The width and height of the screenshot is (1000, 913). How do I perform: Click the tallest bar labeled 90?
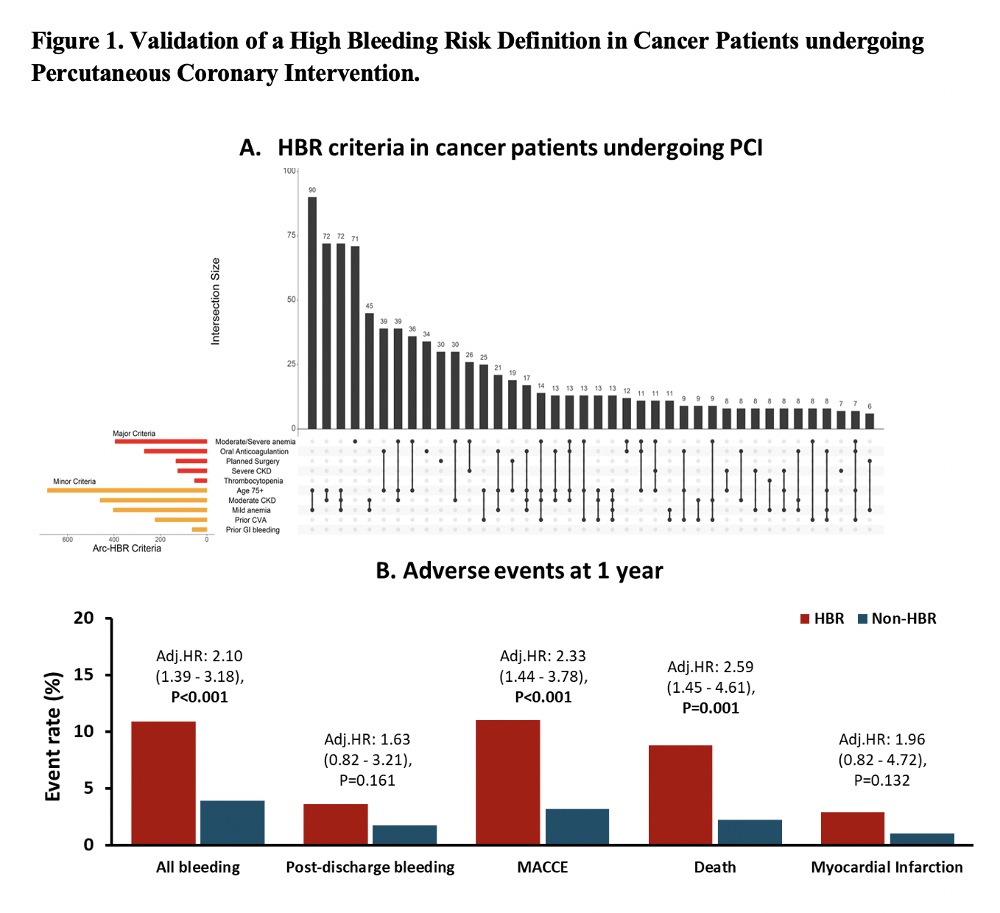pos(312,313)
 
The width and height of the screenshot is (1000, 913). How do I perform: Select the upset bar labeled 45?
pos(369,370)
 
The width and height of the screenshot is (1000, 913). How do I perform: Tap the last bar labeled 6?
pos(870,420)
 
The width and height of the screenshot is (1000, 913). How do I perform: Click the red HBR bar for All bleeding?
pos(163,783)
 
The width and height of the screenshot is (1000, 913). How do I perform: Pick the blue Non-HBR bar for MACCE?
pos(577,826)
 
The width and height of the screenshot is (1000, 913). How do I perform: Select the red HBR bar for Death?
pos(680,794)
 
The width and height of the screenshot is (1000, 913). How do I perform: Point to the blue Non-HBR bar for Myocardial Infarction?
pos(922,839)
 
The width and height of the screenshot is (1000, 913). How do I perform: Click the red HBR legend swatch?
pos(805,618)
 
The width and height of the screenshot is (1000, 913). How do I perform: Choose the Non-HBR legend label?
pos(904,618)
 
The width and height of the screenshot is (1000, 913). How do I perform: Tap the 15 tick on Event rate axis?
pos(85,674)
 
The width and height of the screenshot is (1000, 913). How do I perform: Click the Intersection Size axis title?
pos(216,301)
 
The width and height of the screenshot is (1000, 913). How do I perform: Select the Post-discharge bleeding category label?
pos(370,867)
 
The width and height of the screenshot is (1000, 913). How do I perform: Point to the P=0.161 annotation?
pos(367,780)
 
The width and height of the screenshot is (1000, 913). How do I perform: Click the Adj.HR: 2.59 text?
pos(711,667)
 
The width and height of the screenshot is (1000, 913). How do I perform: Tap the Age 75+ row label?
pos(250,490)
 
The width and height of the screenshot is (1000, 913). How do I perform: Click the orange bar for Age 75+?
pos(127,490)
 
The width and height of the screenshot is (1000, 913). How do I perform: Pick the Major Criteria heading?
pos(134,434)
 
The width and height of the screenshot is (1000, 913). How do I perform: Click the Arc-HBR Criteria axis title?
pos(127,549)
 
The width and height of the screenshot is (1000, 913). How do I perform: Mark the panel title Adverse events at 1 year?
pos(519,571)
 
